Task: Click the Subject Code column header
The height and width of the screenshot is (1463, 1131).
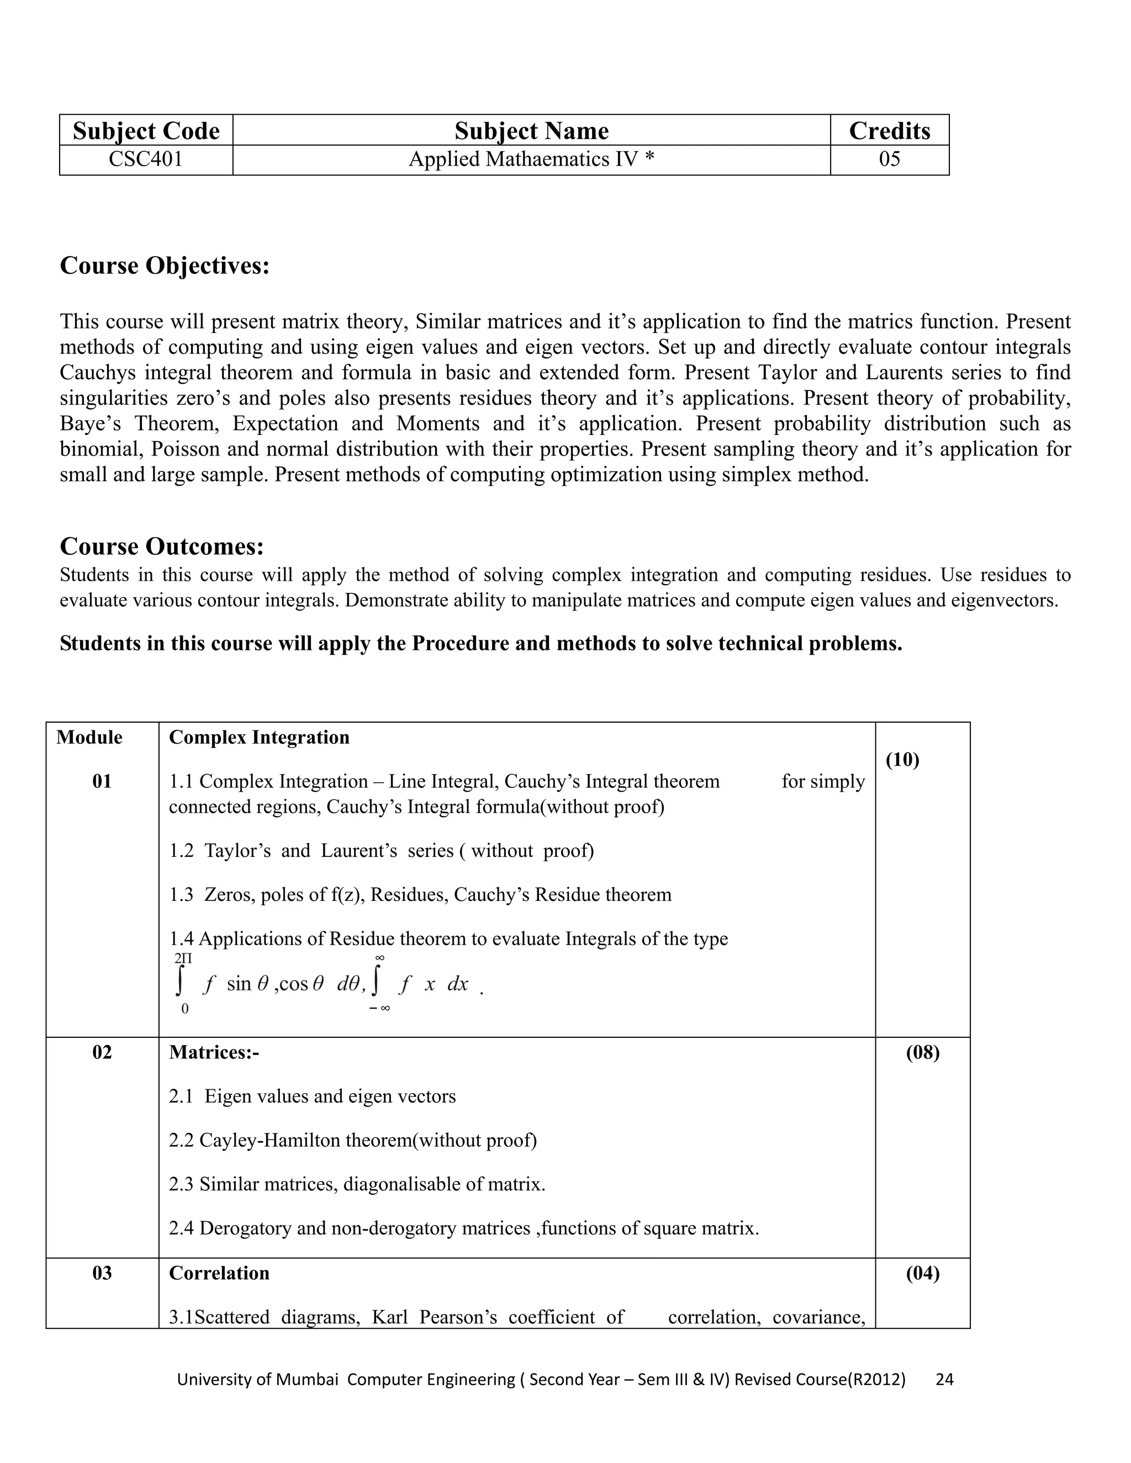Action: [146, 131]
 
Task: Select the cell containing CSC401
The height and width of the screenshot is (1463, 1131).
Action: [146, 160]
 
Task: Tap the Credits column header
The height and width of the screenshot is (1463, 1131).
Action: [889, 131]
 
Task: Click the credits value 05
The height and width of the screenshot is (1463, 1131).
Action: [889, 160]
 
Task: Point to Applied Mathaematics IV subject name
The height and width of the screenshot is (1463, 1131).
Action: [531, 160]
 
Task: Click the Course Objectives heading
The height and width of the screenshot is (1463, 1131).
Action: [165, 266]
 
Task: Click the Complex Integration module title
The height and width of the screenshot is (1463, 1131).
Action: [260, 738]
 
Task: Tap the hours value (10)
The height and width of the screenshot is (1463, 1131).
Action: [902, 760]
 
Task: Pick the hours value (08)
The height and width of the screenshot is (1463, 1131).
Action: [923, 1052]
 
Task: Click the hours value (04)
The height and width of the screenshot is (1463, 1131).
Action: [923, 1273]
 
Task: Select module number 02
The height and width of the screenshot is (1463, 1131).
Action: [102, 1052]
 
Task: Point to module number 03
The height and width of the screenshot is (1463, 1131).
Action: [102, 1273]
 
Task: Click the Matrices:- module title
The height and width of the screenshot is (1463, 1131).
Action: [214, 1052]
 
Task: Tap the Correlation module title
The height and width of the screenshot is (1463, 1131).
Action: [219, 1273]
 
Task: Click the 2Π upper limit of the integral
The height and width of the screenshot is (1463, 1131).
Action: [183, 960]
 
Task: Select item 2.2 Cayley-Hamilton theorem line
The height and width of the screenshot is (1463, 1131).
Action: [353, 1140]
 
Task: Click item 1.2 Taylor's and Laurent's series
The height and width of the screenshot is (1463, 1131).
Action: [381, 851]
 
